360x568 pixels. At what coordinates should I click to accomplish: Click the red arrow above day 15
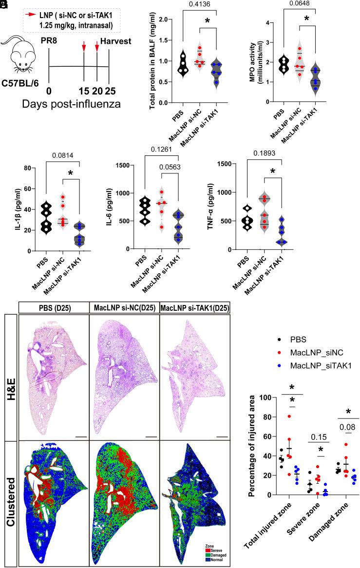[84, 47]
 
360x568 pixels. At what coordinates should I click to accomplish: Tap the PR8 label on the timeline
[51, 48]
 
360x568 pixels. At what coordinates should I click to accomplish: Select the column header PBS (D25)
[54, 308]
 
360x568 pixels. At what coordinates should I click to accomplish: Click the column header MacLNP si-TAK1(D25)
[194, 308]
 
